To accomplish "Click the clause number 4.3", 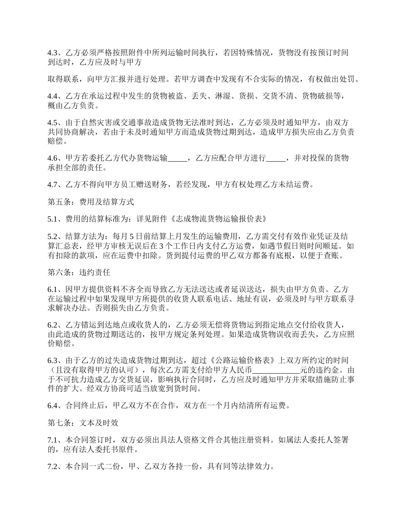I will pyautogui.click(x=52, y=53).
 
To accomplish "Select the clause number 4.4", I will pyautogui.click(x=52, y=97).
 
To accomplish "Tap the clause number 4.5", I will pyautogui.click(x=52, y=123).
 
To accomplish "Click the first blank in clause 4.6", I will pyautogui.click(x=177, y=158).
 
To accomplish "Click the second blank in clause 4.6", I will pyautogui.click(x=277, y=158).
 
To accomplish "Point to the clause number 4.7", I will pyautogui.click(x=52, y=184).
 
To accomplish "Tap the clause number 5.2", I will pyautogui.click(x=52, y=236).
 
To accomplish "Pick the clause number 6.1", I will pyautogui.click(x=52, y=290).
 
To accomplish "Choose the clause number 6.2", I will pyautogui.click(x=52, y=325).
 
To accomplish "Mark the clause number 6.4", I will pyautogui.click(x=52, y=405).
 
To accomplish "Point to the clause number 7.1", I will pyautogui.click(x=52, y=440).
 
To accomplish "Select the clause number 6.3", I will pyautogui.click(x=52, y=360).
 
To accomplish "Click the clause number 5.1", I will pyautogui.click(x=52, y=219).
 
